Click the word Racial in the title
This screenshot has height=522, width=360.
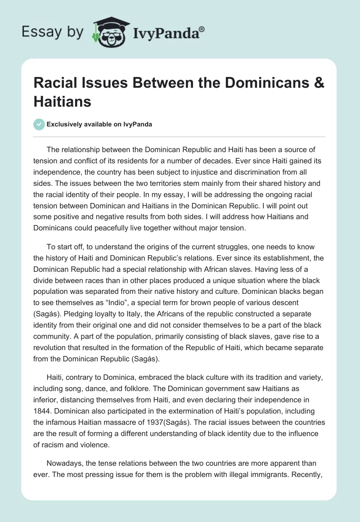coord(57,84)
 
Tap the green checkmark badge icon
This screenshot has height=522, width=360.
coord(40,124)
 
